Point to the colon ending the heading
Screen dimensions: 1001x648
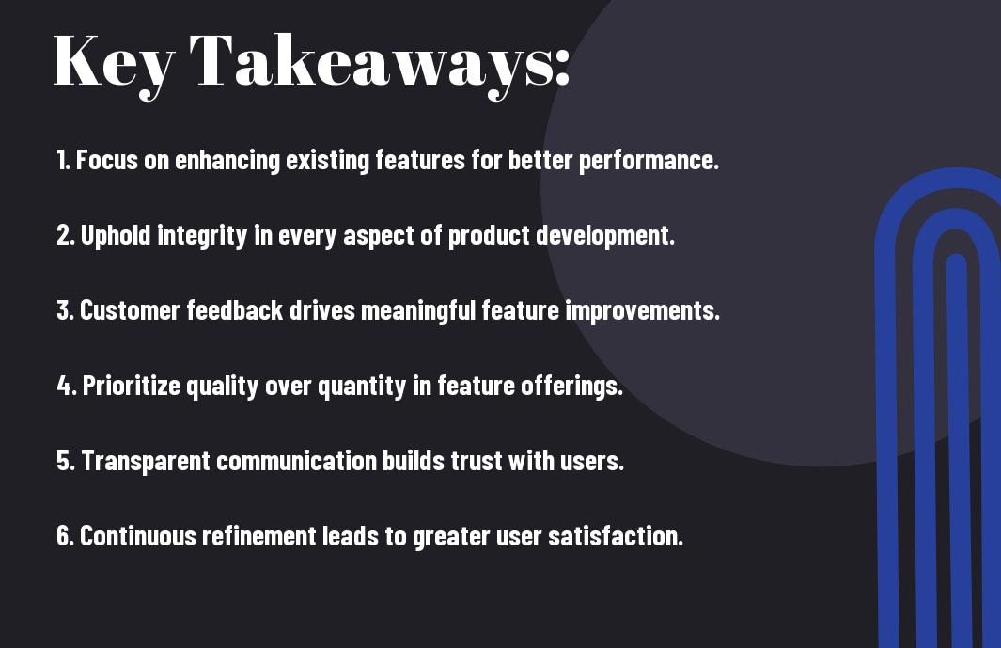pos(562,68)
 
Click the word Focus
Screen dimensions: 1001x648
pos(106,160)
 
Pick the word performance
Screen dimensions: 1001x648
pos(649,161)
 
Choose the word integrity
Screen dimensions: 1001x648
pos(202,236)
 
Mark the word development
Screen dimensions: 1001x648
pos(605,236)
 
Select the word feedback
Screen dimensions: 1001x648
pos(235,310)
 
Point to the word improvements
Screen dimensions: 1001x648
pos(642,311)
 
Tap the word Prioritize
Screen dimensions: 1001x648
pos(133,387)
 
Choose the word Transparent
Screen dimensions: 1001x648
pos(146,462)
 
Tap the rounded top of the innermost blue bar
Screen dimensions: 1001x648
pos(956,259)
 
